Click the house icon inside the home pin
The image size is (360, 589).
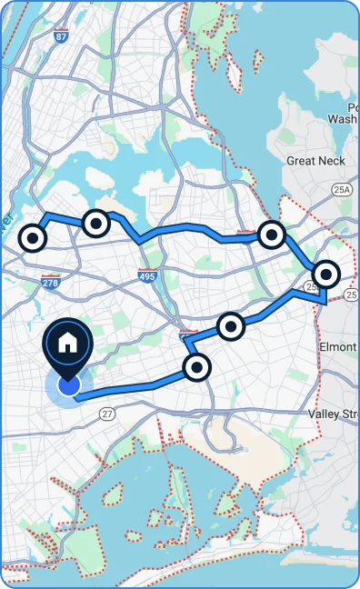pyautogui.click(x=67, y=343)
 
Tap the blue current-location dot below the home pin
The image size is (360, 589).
pyautogui.click(x=68, y=386)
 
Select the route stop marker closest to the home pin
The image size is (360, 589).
pyautogui.click(x=196, y=367)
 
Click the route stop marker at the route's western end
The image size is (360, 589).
pyautogui.click(x=33, y=238)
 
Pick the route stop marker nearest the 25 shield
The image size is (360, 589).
pyautogui.click(x=325, y=273)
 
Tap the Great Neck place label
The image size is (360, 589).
pyautogui.click(x=315, y=161)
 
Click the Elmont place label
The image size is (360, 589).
pyautogui.click(x=338, y=347)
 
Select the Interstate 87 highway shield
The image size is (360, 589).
pyautogui.click(x=61, y=37)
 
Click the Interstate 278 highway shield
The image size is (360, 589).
pyautogui.click(x=51, y=284)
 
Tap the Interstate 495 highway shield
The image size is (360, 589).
pyautogui.click(x=147, y=275)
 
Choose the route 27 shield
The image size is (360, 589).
pyautogui.click(x=107, y=414)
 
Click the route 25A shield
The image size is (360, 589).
pyautogui.click(x=342, y=189)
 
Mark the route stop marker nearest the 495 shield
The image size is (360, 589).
pyautogui.click(x=95, y=222)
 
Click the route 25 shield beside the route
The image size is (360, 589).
pyautogui.click(x=312, y=286)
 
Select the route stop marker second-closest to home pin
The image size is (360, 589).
pyautogui.click(x=231, y=325)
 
